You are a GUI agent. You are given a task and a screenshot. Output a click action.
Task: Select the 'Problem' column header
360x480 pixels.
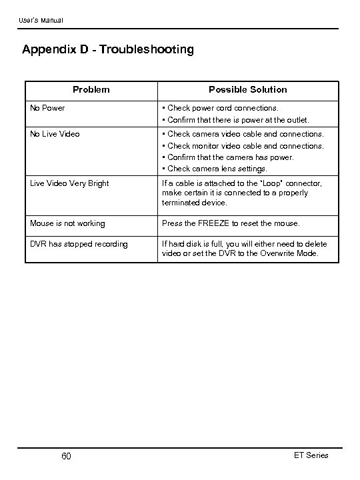tap(91, 89)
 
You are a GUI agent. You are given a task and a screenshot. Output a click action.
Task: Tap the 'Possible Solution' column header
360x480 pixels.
tap(247, 89)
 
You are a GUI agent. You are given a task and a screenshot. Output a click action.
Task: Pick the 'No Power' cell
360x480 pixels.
tap(48, 107)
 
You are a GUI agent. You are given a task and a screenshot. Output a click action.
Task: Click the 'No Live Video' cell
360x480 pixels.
tap(55, 134)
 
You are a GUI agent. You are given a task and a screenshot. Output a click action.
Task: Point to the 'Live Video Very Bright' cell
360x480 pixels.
tap(70, 183)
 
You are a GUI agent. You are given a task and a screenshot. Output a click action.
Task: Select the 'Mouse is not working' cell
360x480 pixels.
tap(68, 223)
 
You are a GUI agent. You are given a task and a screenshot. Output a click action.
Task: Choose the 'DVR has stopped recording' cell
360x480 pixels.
tap(79, 244)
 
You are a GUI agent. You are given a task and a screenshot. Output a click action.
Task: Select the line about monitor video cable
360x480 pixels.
tap(245, 145)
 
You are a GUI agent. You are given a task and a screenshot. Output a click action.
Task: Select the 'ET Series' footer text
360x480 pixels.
tap(311, 455)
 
